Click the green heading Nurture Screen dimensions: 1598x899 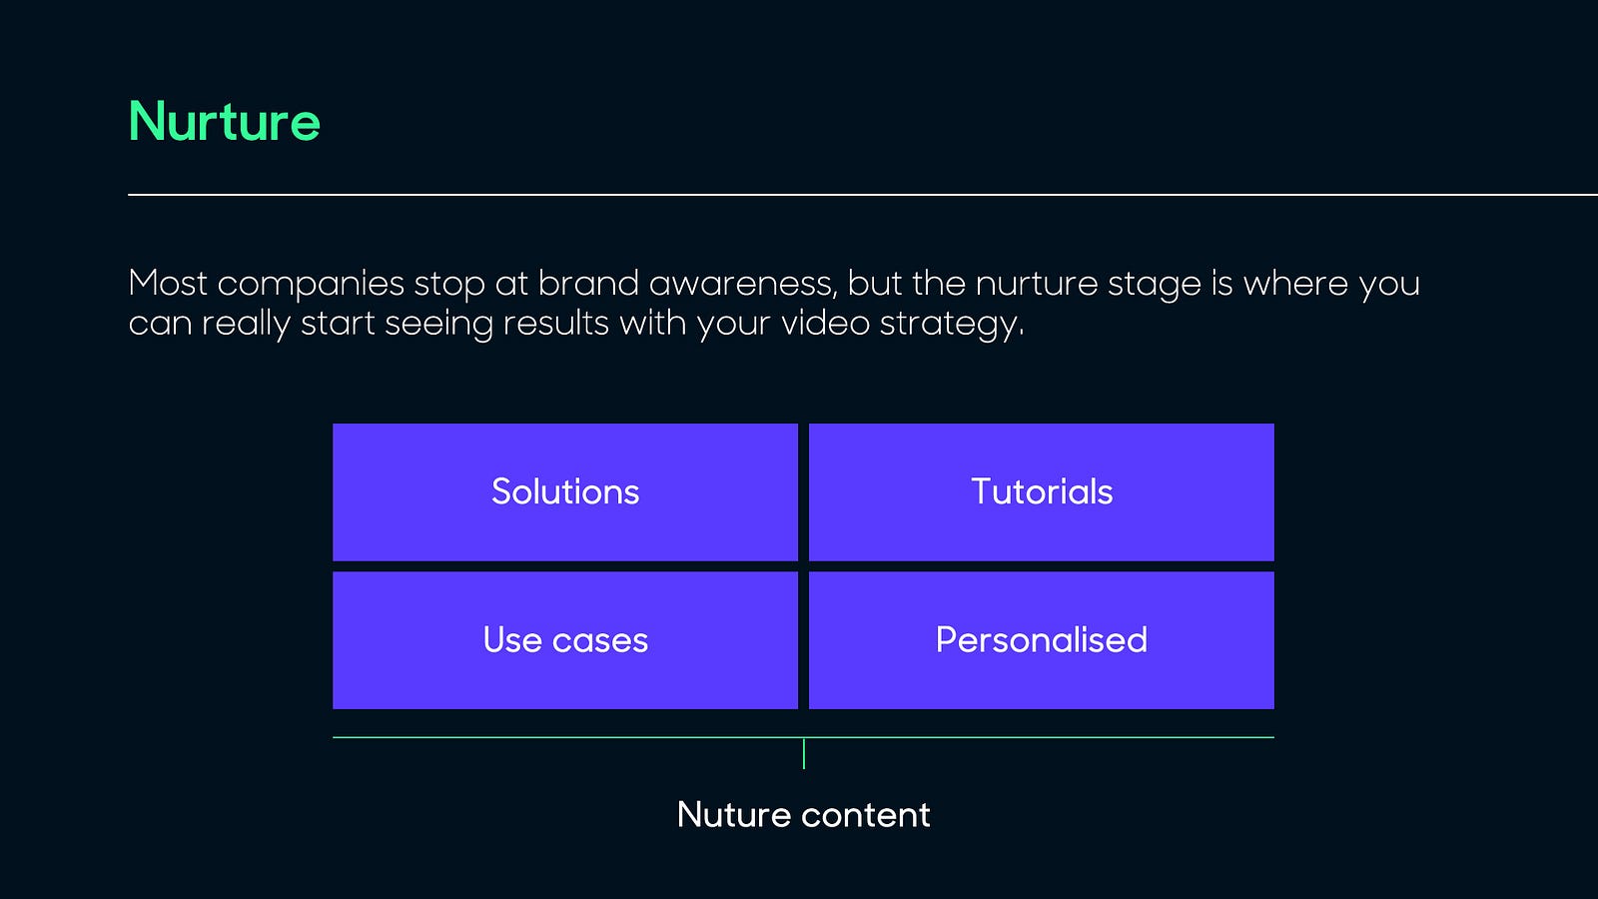224,121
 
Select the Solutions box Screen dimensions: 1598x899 565,491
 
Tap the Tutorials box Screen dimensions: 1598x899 1042,491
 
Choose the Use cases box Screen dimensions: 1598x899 565,640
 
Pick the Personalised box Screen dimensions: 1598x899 1042,640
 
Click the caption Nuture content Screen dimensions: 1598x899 803,814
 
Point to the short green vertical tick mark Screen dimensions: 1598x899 804,753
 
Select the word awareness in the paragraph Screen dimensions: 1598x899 743,284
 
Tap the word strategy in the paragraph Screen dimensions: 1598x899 952,325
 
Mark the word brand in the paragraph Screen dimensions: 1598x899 588,283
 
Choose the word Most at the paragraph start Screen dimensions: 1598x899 168,283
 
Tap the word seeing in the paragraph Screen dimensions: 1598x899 438,325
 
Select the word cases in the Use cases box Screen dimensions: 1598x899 600,640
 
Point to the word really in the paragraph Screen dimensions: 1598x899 246,325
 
